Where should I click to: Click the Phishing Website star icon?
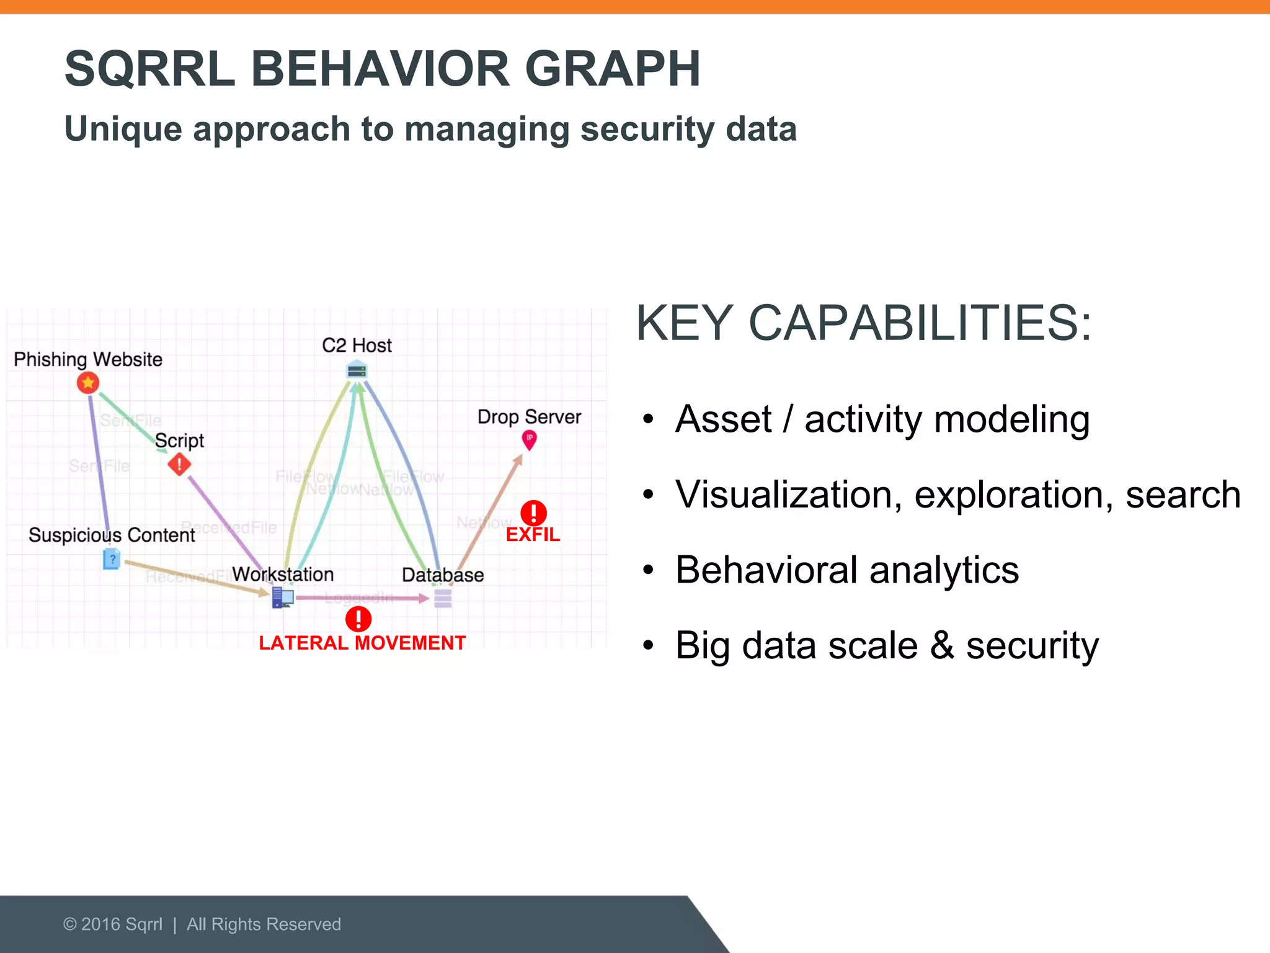[x=88, y=383]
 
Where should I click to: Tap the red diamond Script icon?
[x=179, y=464]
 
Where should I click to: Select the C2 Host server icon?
[x=357, y=371]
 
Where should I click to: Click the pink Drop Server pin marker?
[x=529, y=440]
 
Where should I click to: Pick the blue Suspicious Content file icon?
[x=112, y=559]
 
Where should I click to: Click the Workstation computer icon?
[x=283, y=598]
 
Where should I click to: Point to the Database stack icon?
[x=443, y=599]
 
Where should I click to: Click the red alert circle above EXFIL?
[x=533, y=513]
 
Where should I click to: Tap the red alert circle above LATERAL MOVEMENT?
[x=358, y=619]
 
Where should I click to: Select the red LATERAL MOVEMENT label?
[x=362, y=643]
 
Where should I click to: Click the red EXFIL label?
[x=533, y=535]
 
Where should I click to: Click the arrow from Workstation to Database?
[x=363, y=598]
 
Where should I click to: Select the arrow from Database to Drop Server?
[x=490, y=512]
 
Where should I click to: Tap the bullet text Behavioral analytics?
[x=846, y=570]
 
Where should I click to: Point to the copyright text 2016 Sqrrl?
[x=122, y=924]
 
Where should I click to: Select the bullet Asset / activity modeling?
[x=882, y=419]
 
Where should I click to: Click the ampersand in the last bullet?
[x=941, y=645]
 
